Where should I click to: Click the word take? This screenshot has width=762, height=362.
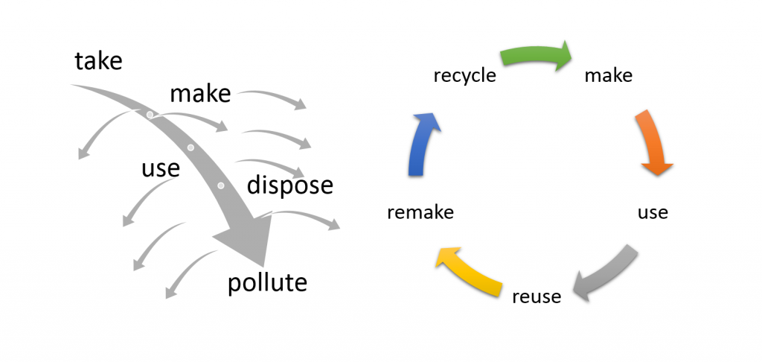coord(98,60)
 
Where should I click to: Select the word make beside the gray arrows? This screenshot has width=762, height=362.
coord(200,94)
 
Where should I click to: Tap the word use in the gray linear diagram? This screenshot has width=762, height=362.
coord(160,168)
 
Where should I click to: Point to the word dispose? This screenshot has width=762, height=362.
coord(289,185)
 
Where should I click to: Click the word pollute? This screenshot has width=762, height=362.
coord(266,283)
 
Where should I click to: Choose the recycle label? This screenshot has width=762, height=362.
coord(464,76)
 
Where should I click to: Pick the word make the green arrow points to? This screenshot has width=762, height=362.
coord(608,76)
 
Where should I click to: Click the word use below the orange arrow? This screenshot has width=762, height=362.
coord(653,212)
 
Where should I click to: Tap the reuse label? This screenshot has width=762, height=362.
coord(537,296)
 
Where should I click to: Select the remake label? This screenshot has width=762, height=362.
coord(420,212)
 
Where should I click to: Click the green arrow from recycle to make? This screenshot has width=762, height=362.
coord(536,55)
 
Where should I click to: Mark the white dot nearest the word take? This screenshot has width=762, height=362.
coord(150,115)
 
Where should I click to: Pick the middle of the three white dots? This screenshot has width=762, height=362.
coord(190,148)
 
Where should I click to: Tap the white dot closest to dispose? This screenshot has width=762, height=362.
coord(220,185)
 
